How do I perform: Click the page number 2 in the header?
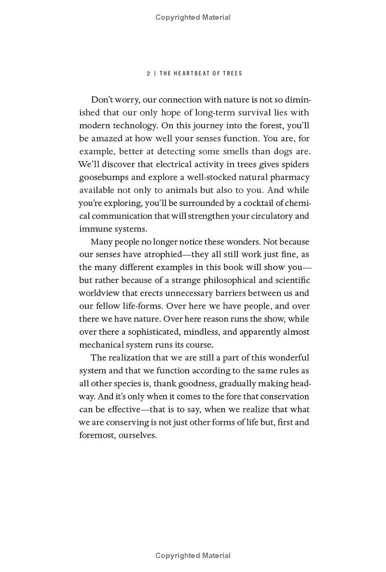point(149,73)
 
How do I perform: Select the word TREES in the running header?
point(232,73)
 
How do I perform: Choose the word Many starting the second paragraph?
point(101,242)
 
